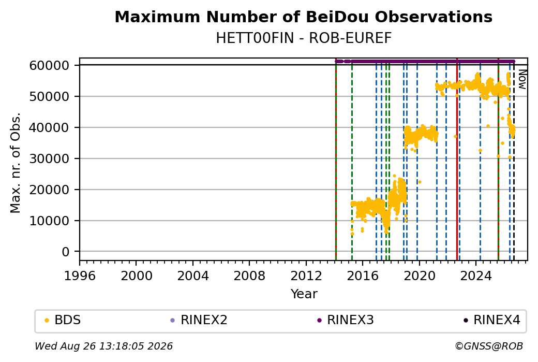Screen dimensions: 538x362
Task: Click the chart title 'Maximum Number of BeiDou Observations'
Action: pos(303,17)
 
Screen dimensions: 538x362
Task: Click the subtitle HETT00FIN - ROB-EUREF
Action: pos(304,38)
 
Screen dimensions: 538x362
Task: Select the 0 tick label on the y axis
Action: pos(66,252)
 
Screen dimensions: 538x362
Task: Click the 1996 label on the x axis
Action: pos(80,276)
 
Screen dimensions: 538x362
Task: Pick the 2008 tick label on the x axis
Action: pos(249,276)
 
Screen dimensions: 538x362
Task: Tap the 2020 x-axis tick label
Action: pos(420,276)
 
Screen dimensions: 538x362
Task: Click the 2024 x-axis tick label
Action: pos(476,276)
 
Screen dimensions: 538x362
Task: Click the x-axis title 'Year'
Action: pos(304,294)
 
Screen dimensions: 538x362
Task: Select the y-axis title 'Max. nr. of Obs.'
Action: pos(16,163)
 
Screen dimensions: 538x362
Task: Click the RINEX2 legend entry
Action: pos(199,320)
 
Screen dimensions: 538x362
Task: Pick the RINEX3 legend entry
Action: pos(346,320)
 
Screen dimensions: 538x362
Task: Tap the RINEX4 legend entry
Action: pos(492,320)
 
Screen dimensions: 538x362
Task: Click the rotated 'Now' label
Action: pos(522,79)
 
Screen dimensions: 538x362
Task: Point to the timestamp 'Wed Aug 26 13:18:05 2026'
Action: pos(103,346)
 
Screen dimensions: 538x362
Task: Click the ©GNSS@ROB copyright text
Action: pos(489,346)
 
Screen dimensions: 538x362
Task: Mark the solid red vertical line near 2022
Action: pos(457,160)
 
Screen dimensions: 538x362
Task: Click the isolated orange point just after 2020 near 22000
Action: pos(420,182)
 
